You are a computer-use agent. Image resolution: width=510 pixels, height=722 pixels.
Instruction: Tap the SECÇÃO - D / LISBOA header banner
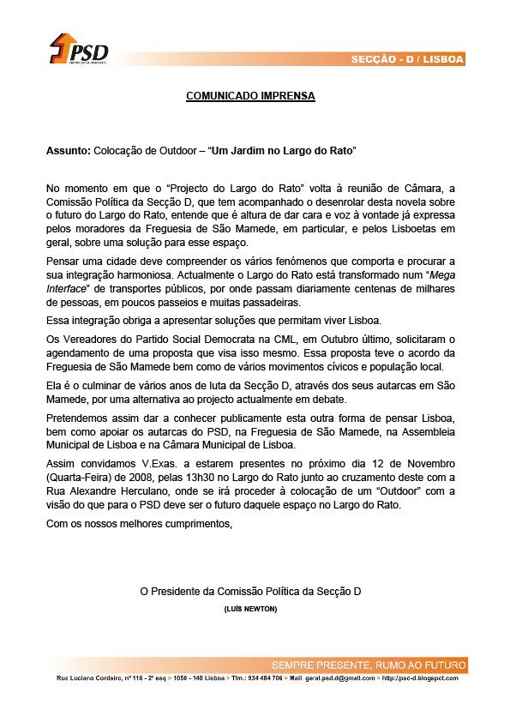[408, 59]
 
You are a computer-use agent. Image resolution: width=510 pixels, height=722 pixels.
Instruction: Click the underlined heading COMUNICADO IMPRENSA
[250, 97]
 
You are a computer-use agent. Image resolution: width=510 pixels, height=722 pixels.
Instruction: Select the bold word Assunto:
[67, 150]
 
